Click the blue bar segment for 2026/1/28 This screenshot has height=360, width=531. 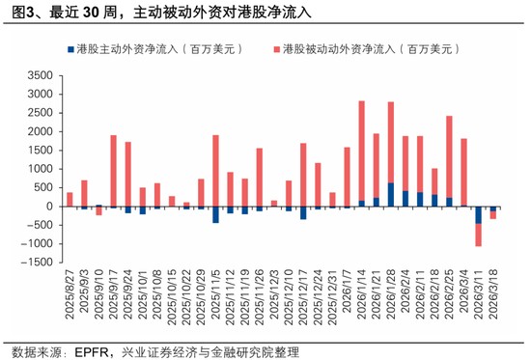[390, 194]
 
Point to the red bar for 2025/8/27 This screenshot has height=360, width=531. [70, 199]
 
